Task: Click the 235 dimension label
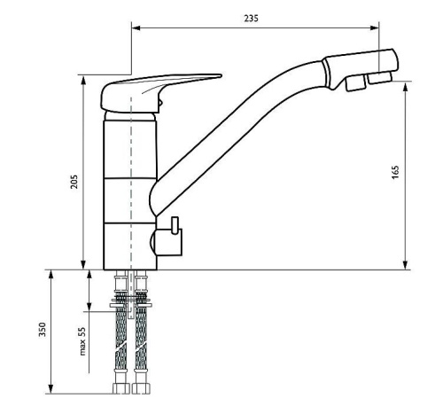(251, 19)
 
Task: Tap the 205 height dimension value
(74, 182)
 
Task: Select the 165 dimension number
(395, 172)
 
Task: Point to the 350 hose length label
(43, 329)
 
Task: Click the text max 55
(82, 340)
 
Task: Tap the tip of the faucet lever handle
(221, 75)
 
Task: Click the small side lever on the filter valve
(175, 226)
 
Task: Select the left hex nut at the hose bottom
(120, 388)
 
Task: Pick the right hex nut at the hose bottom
(141, 388)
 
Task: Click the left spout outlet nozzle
(356, 83)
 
